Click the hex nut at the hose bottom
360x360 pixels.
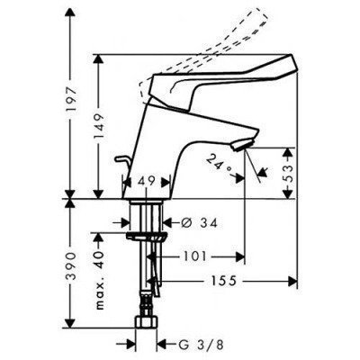(144, 319)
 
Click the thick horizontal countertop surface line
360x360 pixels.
(180, 198)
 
